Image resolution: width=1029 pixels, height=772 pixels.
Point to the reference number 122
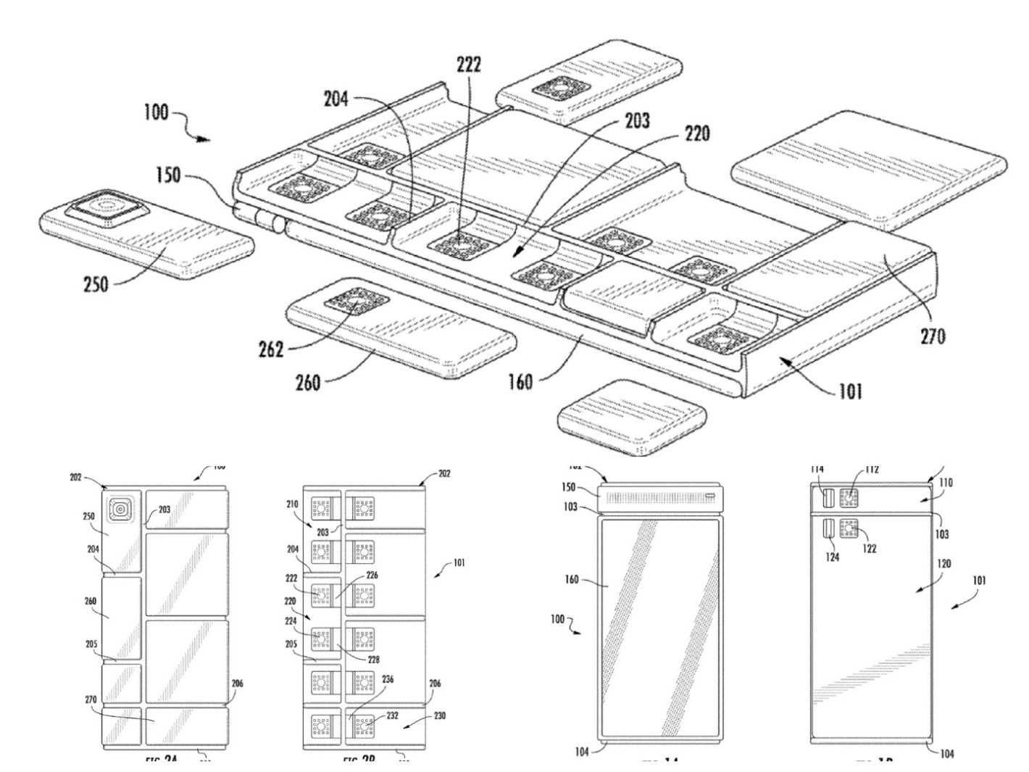(868, 549)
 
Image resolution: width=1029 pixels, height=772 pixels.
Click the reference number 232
(392, 715)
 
